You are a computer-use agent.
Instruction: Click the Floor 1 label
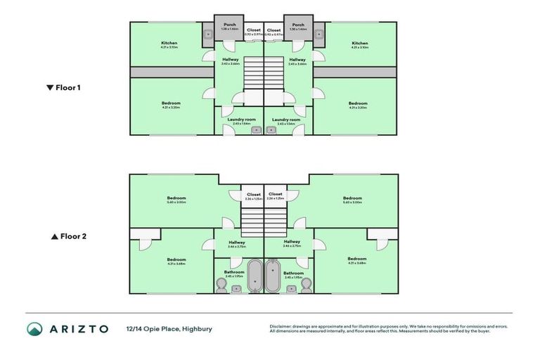coord(64,88)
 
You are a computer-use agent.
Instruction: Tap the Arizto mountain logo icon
coord(34,328)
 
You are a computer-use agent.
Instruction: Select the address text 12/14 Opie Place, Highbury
coord(169,328)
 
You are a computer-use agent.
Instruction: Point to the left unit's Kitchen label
coord(169,43)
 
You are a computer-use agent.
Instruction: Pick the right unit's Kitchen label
coord(360,43)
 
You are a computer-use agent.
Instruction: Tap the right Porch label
coord(298,25)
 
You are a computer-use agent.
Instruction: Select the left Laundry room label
coord(240,120)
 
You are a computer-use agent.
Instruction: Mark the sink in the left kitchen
coord(208,33)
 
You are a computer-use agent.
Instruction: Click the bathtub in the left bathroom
coord(254,276)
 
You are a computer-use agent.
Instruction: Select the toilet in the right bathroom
coord(306,284)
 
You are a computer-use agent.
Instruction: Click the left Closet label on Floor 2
coord(253,194)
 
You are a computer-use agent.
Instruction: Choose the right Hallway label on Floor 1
coord(297,60)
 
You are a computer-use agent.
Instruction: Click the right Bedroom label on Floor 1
coord(358,103)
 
